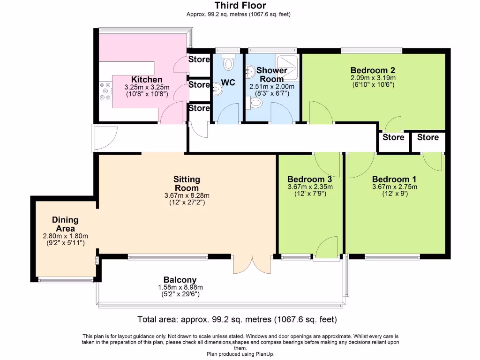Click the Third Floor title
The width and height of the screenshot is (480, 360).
pos(240,6)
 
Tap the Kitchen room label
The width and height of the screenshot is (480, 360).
pos(146,80)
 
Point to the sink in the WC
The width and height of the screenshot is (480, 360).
pos(217,88)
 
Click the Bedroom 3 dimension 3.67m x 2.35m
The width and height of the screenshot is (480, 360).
pos(310,187)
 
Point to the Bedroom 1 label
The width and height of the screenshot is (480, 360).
pos(394,179)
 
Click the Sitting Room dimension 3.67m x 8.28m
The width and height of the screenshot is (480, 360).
pos(187,195)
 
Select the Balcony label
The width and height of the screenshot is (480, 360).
pos(180,279)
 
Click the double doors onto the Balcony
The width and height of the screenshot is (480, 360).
pos(252,265)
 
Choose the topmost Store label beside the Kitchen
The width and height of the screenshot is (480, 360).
pos(199,60)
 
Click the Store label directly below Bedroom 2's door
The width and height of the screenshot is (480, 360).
pos(393,137)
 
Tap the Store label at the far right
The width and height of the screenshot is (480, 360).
pos(428,137)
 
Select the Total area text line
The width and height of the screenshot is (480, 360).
pos(237,320)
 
